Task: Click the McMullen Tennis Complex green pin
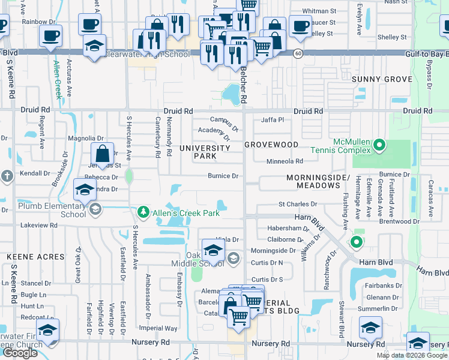click(x=379, y=145)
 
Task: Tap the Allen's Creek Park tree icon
click(x=143, y=212)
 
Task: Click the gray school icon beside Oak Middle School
click(x=234, y=259)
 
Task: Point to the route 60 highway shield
click(x=298, y=54)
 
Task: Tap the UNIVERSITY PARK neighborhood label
click(x=205, y=151)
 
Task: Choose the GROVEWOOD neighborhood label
click(x=271, y=145)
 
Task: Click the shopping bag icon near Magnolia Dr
click(x=103, y=153)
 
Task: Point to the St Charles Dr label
click(x=297, y=205)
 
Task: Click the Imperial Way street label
click(x=158, y=328)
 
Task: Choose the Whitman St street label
click(x=319, y=11)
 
